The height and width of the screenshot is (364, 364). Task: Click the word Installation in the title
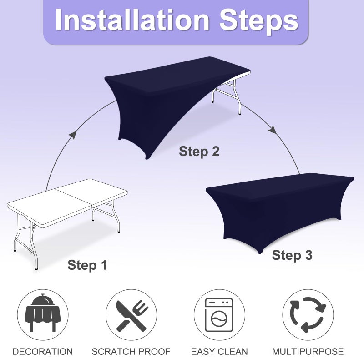point(132,20)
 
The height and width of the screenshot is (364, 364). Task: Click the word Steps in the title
point(258,22)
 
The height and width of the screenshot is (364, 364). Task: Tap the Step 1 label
point(87,265)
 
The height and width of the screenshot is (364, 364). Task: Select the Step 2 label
point(199,152)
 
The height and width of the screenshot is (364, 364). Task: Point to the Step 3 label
point(292,255)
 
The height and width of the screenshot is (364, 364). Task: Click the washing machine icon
point(219,315)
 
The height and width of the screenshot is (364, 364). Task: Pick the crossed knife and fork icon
point(132,315)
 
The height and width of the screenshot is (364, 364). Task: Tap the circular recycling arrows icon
point(308,315)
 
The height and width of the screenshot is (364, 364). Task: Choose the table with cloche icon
point(43,313)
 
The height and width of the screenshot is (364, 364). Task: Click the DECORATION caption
point(43,351)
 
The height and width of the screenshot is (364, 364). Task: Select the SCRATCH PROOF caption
point(131,351)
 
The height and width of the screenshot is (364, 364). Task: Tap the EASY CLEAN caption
point(219,351)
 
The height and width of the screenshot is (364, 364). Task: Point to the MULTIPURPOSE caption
point(308,351)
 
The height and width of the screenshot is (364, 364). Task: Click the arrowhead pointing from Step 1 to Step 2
point(73,135)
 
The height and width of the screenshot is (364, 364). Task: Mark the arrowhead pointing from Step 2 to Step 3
point(273,130)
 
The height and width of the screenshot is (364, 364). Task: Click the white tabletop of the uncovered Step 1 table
point(67,202)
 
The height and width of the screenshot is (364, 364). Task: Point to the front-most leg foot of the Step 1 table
point(36,268)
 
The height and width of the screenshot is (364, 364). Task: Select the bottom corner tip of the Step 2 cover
point(147,159)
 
